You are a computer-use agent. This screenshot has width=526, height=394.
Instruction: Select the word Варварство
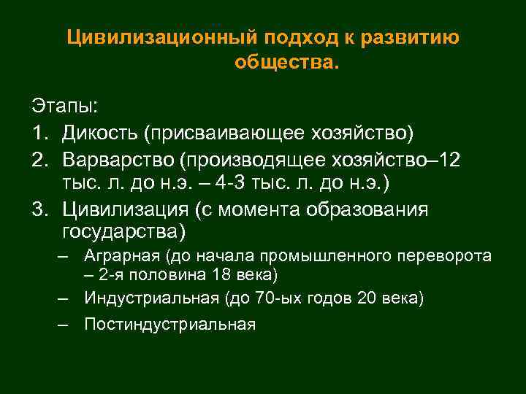[x=120, y=159]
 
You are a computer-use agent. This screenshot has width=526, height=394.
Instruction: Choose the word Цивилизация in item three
[x=126, y=209]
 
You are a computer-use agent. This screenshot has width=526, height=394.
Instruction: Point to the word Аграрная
[x=122, y=257]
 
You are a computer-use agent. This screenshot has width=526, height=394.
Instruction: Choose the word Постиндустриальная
[x=169, y=325]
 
